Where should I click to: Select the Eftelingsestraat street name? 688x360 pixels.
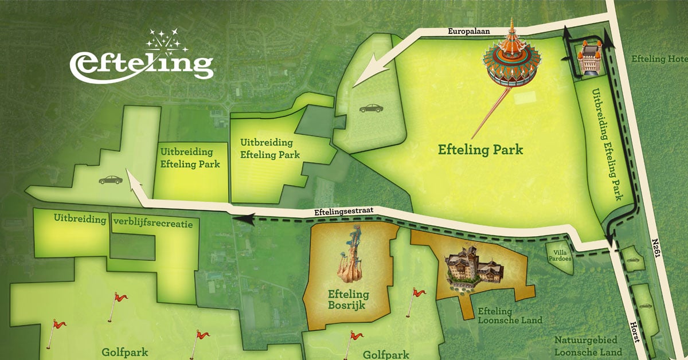pyautogui.click(x=343, y=212)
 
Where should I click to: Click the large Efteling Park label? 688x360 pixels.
pyautogui.click(x=480, y=150)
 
